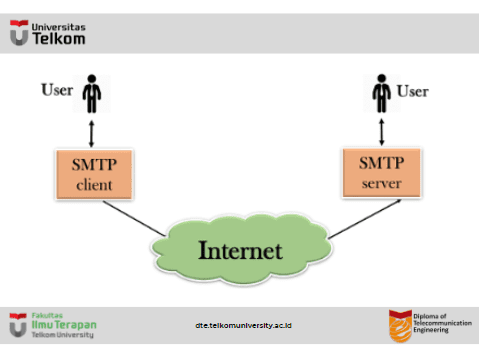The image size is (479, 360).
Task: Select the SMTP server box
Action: pos(381,172)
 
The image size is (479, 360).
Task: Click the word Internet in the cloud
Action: pos(240,249)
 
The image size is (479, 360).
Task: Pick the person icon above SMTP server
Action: pos(381,94)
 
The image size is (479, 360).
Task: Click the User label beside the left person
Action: pos(57,91)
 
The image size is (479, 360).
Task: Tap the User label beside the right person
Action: pos(413,92)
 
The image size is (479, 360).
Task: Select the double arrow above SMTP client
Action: pos(93,132)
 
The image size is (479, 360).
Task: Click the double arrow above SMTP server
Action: pos(381,131)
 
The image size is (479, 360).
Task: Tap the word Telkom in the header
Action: pos(59,40)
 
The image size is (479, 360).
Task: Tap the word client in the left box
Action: pos(93,186)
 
